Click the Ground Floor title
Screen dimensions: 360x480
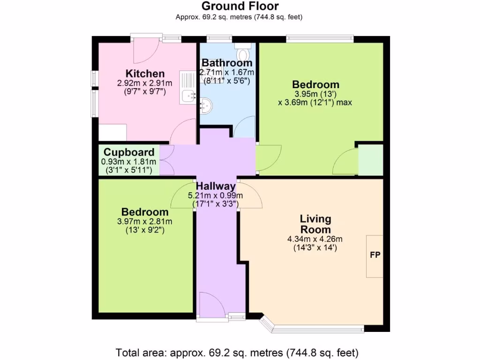tap(240, 6)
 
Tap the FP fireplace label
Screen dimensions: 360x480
tap(375, 255)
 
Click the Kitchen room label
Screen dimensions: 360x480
tap(145, 74)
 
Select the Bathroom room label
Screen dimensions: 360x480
tap(227, 63)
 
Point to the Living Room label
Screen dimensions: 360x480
tap(315, 224)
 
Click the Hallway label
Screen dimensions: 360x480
tap(216, 186)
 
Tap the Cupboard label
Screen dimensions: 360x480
tap(129, 152)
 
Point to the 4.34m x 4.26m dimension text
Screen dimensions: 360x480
tap(312, 239)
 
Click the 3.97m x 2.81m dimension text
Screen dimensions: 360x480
tap(145, 222)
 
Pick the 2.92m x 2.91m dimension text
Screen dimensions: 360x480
tap(144, 83)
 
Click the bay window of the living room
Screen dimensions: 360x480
tap(312, 328)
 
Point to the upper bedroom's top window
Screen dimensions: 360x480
tap(320, 38)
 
